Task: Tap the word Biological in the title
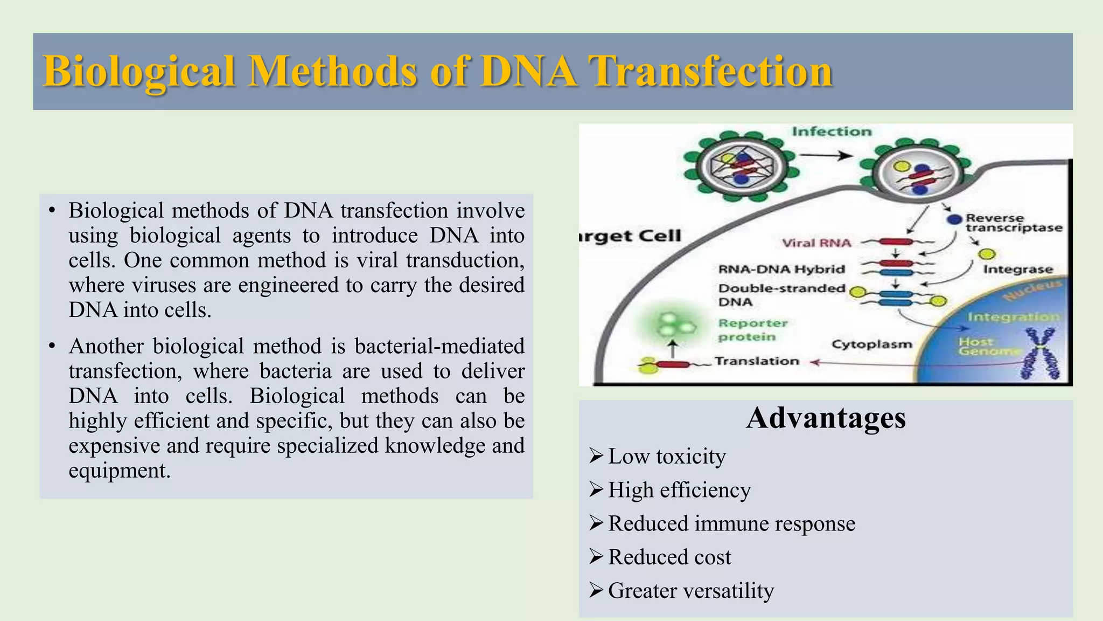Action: pyautogui.click(x=139, y=72)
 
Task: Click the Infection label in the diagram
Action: pyautogui.click(x=832, y=132)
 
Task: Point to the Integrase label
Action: pyautogui.click(x=1018, y=269)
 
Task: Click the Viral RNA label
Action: pyautogui.click(x=816, y=243)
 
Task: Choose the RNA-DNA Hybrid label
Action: pyautogui.click(x=781, y=269)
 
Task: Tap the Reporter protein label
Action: pyautogui.click(x=752, y=330)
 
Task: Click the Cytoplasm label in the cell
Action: pyautogui.click(x=871, y=344)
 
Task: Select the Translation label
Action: pyautogui.click(x=757, y=361)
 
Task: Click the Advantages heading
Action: pyautogui.click(x=826, y=418)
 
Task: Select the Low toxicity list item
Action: pyautogui.click(x=666, y=457)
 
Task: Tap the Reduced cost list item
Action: pyautogui.click(x=669, y=557)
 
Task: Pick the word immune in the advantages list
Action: pyautogui.click(x=731, y=523)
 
